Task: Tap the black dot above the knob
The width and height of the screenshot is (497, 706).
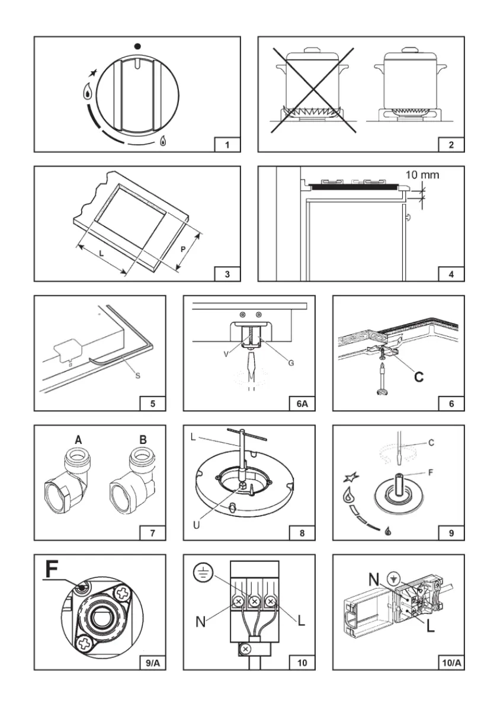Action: pos(137,46)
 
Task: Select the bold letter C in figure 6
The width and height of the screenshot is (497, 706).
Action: pos(419,376)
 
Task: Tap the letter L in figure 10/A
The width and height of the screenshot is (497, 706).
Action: pos(431,625)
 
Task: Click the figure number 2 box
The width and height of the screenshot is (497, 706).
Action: pos(451,144)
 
